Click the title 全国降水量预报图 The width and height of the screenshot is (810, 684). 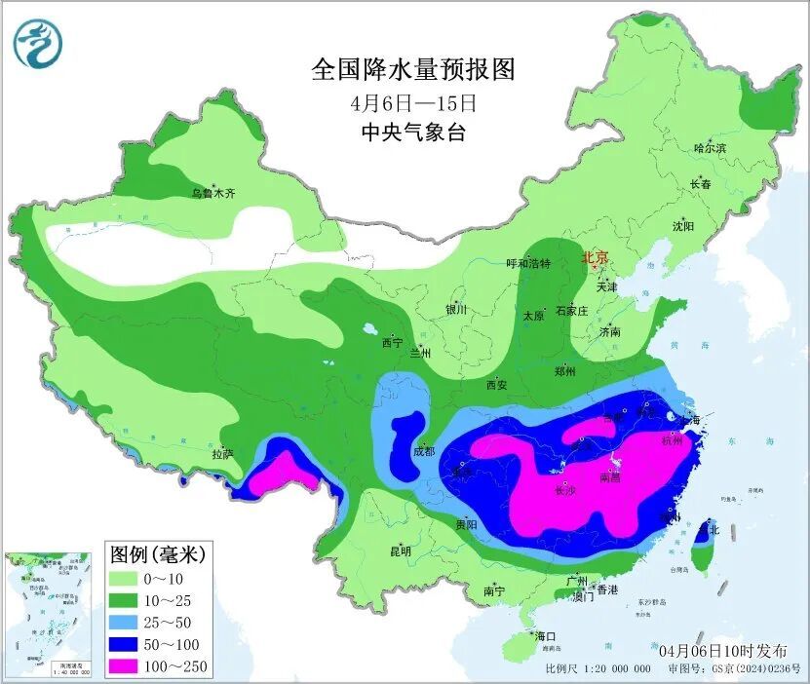(x=411, y=70)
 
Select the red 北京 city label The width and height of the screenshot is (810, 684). (x=595, y=258)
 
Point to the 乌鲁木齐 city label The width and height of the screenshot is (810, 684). (x=212, y=194)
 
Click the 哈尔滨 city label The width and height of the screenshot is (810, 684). (x=710, y=148)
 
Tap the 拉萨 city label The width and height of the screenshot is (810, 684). (x=222, y=453)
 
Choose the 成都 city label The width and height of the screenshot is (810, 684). (x=423, y=451)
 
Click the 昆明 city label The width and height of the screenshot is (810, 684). (x=401, y=551)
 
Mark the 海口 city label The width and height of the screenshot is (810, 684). (x=545, y=636)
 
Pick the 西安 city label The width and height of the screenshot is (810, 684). (x=495, y=385)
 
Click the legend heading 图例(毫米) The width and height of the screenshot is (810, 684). (x=155, y=554)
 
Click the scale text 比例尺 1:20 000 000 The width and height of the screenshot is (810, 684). (x=598, y=669)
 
